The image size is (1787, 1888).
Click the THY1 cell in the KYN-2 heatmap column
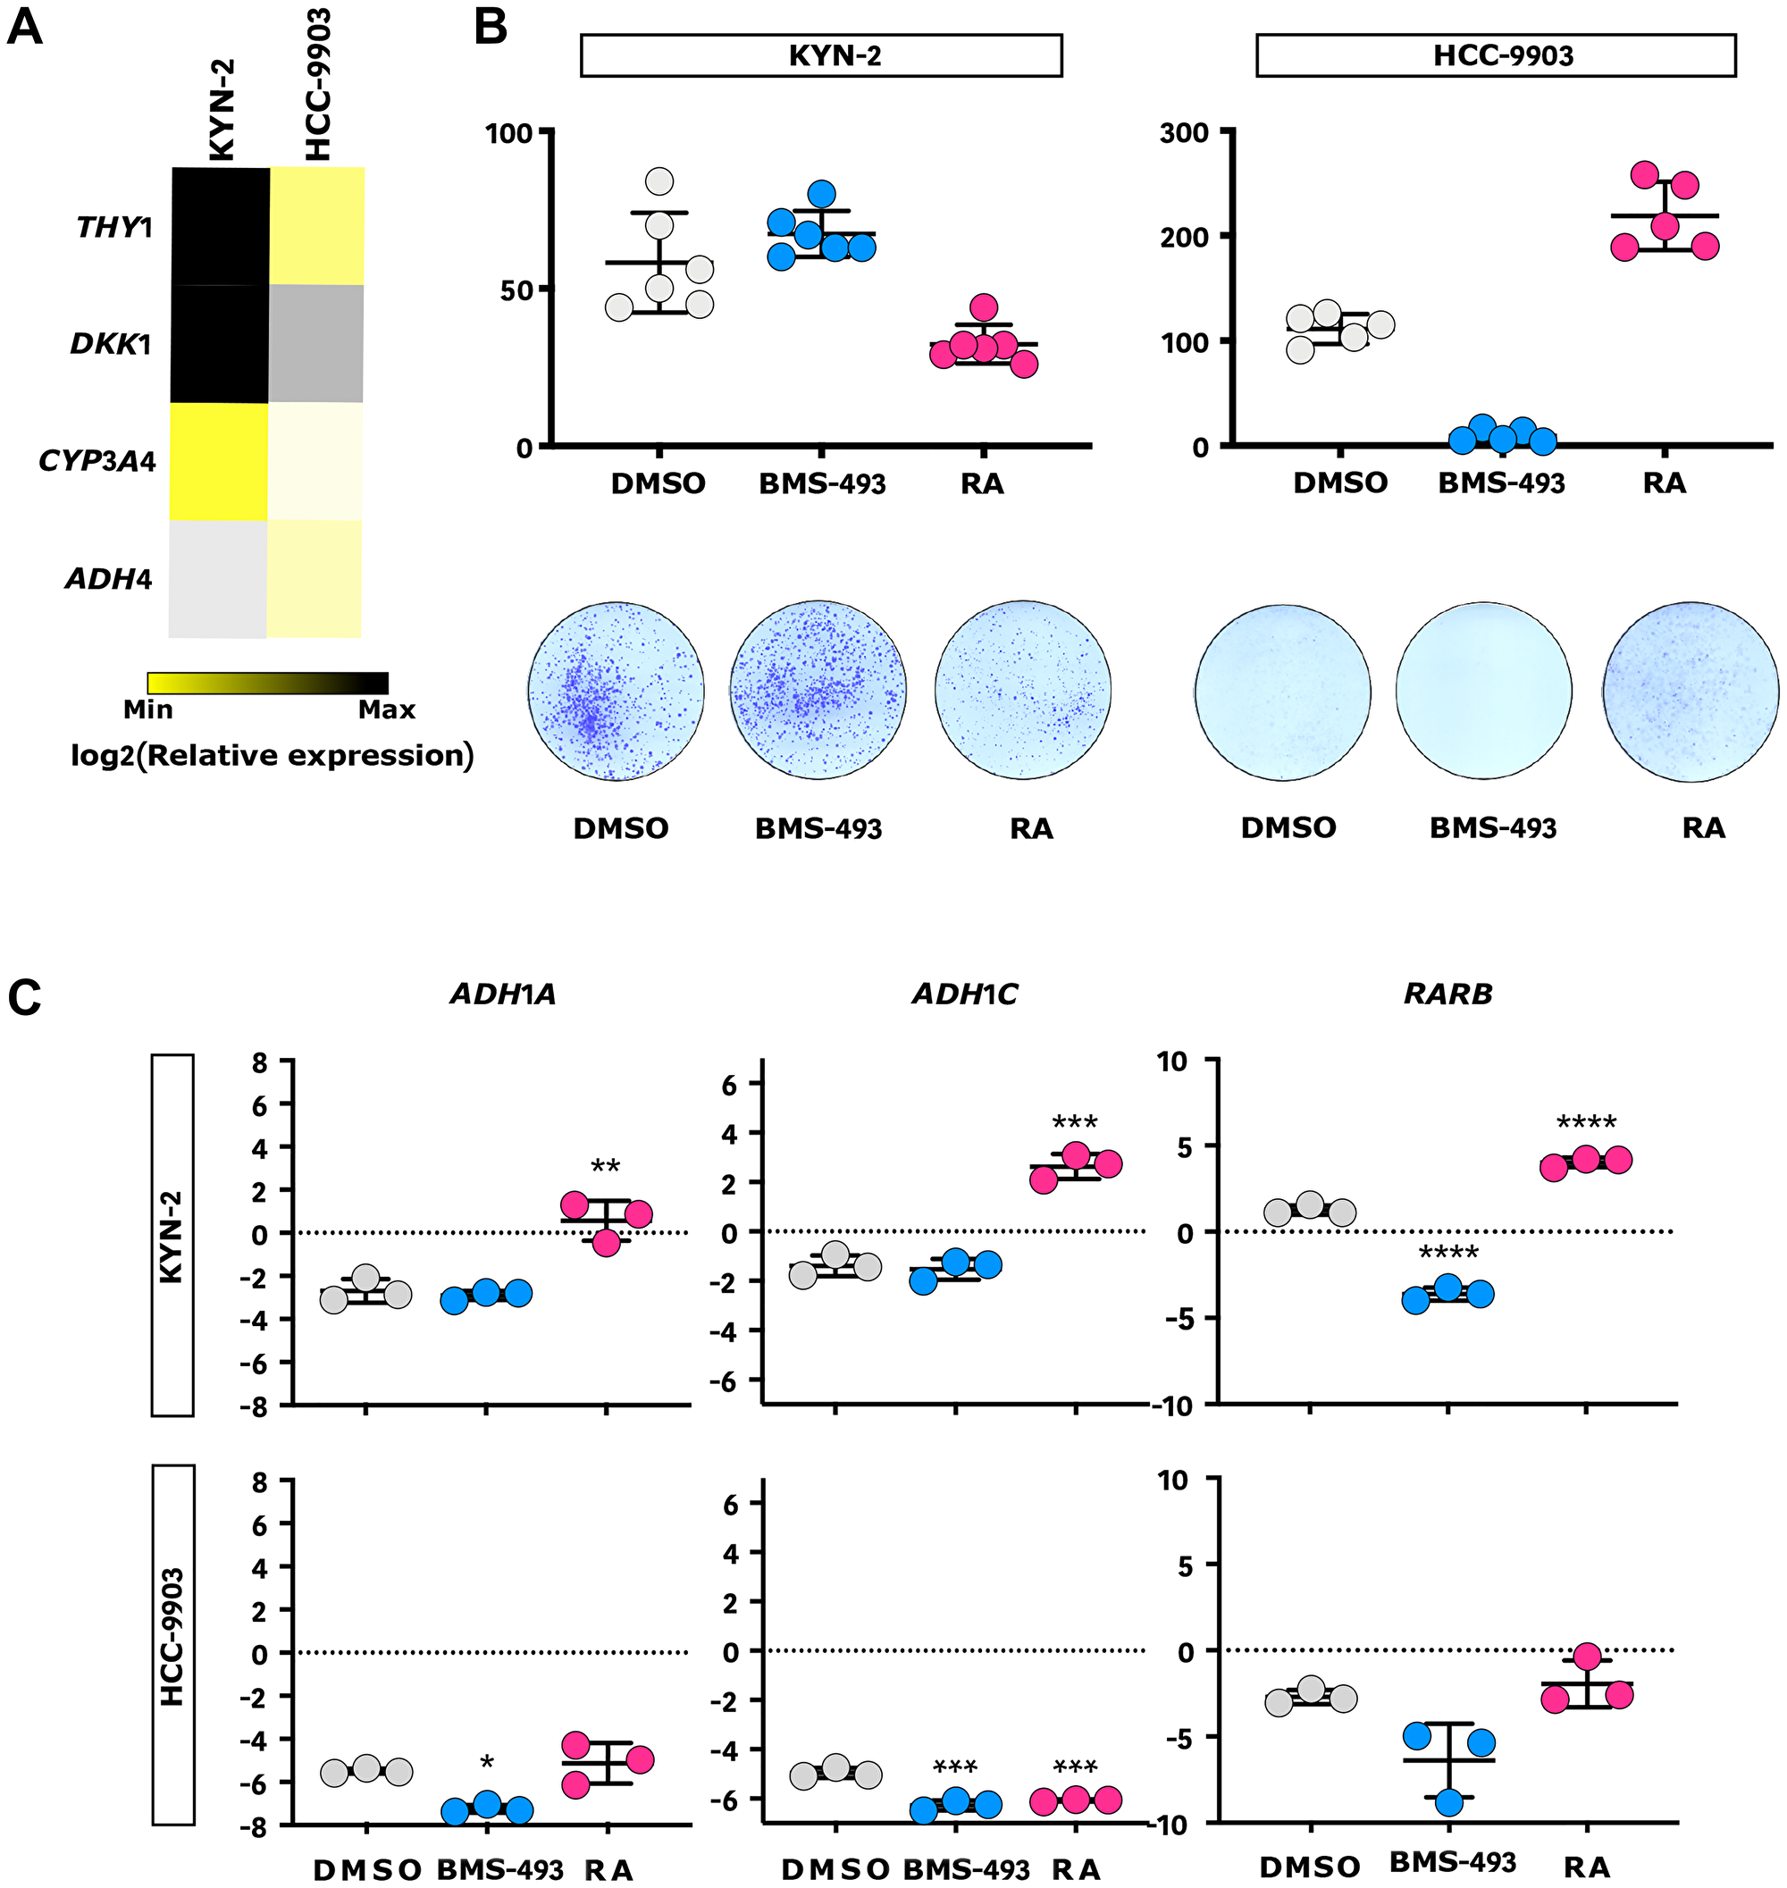[x=220, y=226]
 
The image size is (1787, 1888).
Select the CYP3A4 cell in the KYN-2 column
[x=219, y=461]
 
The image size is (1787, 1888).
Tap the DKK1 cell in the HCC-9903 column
[x=316, y=343]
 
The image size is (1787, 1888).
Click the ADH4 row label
[x=107, y=578]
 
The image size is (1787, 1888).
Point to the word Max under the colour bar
[x=387, y=709]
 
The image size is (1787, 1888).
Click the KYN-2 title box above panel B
[x=821, y=55]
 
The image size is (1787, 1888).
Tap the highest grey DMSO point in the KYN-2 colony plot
[x=659, y=181]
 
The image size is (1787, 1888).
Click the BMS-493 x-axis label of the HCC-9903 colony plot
[x=1501, y=483]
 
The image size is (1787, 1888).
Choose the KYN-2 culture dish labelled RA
[x=1023, y=691]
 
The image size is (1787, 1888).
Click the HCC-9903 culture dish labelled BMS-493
[x=1484, y=691]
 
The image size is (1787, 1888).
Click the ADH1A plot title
[x=503, y=994]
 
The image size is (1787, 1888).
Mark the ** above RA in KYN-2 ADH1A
[x=606, y=1166]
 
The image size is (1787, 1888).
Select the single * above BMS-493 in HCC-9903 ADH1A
[x=487, y=1764]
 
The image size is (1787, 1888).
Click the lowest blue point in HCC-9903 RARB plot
[x=1449, y=1801]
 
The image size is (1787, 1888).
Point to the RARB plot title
[x=1447, y=994]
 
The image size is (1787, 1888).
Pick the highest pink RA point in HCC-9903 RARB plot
[x=1587, y=1657]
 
